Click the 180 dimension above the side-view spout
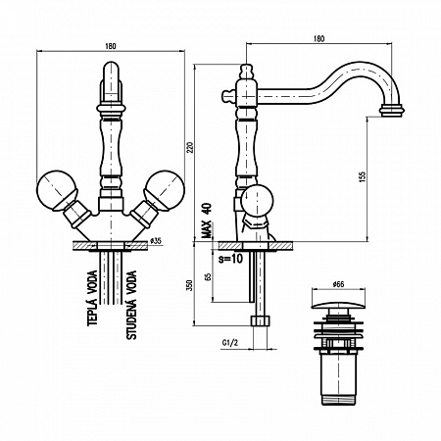click(318, 40)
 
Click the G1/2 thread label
click(232, 344)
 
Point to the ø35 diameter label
click(156, 239)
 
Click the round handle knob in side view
click(259, 200)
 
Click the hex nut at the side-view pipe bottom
click(259, 321)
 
